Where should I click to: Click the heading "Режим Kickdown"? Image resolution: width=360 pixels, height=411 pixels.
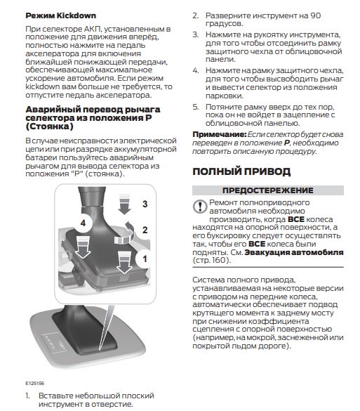61,15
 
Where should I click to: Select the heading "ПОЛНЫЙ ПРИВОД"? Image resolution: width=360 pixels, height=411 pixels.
241,171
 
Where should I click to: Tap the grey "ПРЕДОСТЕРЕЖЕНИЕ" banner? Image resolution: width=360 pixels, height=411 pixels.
268,190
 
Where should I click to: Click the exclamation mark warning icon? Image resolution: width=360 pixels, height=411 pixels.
200,207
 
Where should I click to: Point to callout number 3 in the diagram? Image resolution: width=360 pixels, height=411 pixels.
145,204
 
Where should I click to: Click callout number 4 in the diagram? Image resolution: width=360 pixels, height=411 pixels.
83,223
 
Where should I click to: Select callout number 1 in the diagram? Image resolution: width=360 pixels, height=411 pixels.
145,259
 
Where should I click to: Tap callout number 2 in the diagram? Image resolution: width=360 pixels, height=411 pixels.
145,230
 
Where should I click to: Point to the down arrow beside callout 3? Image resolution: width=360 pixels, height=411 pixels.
124,204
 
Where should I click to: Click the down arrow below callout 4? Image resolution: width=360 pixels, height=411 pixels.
83,247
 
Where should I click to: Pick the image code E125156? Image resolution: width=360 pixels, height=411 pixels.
34,383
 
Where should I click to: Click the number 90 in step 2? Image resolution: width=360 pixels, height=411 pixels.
316,15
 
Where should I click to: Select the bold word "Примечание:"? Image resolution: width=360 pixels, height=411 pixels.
220,134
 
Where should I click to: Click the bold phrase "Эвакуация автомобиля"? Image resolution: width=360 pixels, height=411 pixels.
294,252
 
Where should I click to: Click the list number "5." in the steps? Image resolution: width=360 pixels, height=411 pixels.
196,107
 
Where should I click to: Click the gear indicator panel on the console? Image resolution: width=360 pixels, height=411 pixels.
55,343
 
